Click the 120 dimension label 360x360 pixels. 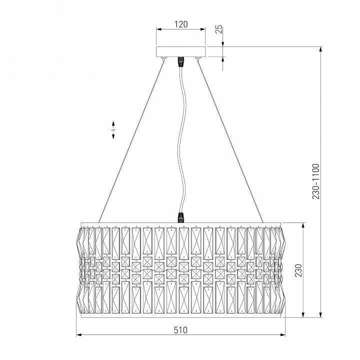click(181, 23)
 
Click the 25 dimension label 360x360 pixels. click(218, 28)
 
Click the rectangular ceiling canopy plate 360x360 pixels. click(181, 52)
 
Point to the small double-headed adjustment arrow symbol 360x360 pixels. click(113, 129)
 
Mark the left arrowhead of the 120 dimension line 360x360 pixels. click(158, 29)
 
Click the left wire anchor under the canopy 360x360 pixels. click(164, 59)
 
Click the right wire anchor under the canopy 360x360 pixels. click(198, 59)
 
